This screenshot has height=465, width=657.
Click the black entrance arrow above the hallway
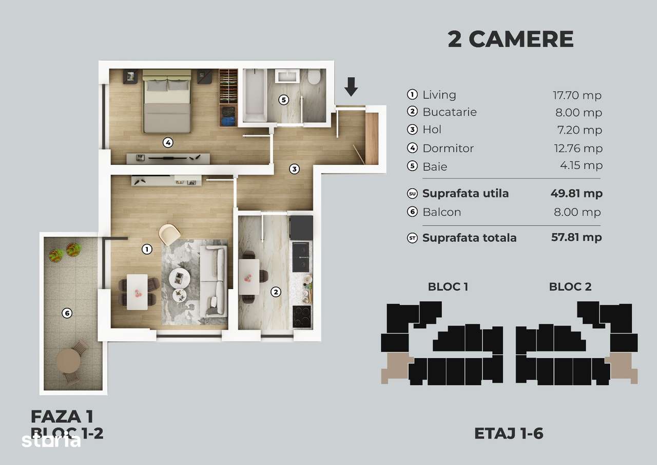(x=351, y=86)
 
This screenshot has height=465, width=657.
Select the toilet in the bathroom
(x=315, y=78)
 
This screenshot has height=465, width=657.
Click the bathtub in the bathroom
(x=254, y=96)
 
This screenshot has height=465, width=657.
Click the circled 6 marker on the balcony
(x=66, y=312)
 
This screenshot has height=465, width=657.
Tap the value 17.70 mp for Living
(x=577, y=95)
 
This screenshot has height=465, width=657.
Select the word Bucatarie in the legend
(x=450, y=112)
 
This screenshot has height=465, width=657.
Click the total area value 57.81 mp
(x=576, y=237)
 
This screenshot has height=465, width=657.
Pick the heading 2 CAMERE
(x=510, y=39)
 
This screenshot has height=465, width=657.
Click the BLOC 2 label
(x=570, y=287)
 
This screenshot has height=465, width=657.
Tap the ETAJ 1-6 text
(x=509, y=434)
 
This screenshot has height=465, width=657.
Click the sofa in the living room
(x=214, y=281)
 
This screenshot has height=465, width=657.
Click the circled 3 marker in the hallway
(x=294, y=168)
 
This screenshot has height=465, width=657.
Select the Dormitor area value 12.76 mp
(x=577, y=148)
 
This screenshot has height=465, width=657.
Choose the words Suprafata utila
(x=466, y=194)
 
